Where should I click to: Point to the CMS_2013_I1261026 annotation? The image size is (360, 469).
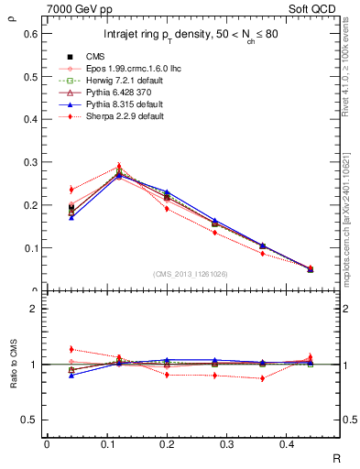click(191, 274)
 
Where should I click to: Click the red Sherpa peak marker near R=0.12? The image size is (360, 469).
click(118, 167)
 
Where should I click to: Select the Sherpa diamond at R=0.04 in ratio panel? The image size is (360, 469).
click(71, 349)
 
